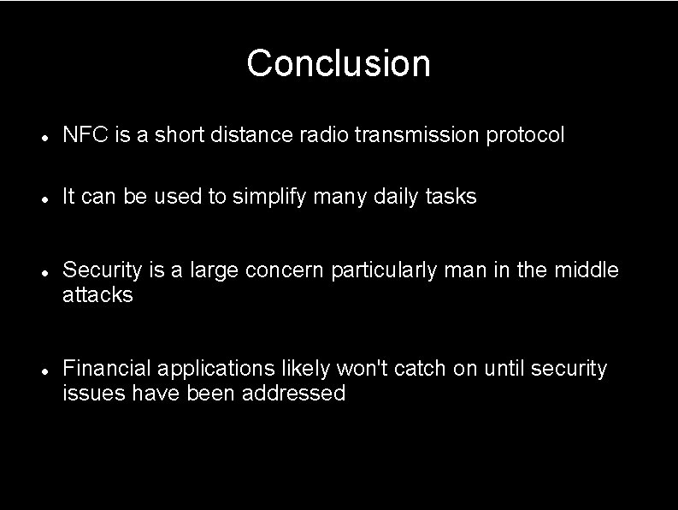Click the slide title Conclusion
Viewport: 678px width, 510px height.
point(339,63)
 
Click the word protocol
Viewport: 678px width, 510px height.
point(526,135)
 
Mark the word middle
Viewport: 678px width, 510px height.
point(587,270)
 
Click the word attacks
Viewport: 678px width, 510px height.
point(97,295)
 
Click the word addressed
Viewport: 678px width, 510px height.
point(293,394)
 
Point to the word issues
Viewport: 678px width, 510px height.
point(91,394)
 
